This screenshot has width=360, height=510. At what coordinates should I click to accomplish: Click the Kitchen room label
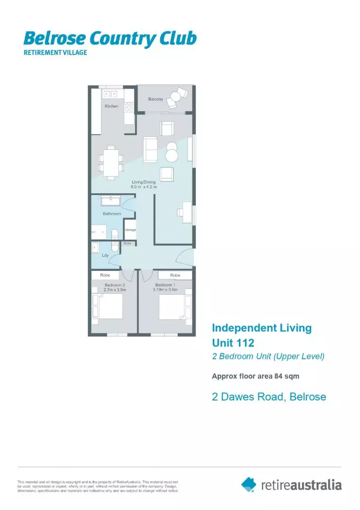coord(112,106)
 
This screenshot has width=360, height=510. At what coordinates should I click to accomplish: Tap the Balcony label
coord(156,99)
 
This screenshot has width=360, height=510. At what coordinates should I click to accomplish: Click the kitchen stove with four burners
coord(129,107)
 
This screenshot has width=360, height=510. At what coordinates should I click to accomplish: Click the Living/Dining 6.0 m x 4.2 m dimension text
coord(143,185)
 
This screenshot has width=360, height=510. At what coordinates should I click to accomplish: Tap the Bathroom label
coord(112,214)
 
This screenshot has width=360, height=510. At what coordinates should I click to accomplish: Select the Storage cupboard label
coord(130,230)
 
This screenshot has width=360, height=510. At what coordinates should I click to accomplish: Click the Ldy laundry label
coord(106,255)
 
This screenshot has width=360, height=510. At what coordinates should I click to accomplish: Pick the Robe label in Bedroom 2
coord(105,275)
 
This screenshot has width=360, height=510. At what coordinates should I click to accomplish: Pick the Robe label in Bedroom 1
coord(175,275)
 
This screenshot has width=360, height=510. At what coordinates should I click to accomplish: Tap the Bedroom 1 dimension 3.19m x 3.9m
coord(165,290)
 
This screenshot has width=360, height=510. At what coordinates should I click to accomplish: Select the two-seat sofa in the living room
coord(151,149)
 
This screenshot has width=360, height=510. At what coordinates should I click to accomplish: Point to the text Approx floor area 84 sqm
coord(255,376)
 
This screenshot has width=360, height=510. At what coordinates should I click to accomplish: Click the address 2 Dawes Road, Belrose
coord(269,397)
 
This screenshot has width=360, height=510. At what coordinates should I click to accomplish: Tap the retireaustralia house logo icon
coord(249,484)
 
